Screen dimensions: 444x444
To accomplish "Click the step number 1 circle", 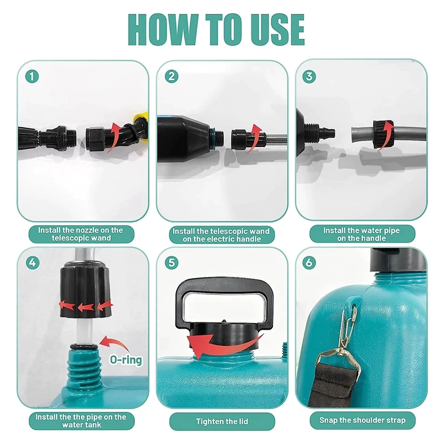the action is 32,77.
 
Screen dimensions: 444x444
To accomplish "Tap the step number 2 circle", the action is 171,77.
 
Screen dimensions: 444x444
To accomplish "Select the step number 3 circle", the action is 309,77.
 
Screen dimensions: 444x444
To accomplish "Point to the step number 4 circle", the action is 33,263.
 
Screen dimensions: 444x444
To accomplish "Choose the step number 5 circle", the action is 171,263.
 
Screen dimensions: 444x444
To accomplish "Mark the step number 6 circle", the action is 309,263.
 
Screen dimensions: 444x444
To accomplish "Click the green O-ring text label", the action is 126,360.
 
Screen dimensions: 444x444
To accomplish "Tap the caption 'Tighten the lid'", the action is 222,421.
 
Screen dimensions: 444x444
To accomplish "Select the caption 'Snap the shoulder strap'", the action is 362,420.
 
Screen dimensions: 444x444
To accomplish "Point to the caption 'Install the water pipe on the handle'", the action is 362,234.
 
